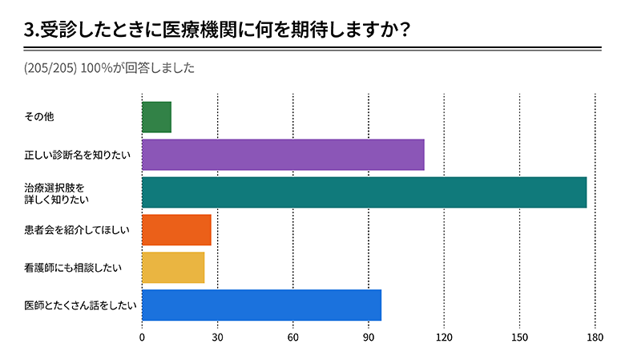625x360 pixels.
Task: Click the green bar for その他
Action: pyautogui.click(x=156, y=117)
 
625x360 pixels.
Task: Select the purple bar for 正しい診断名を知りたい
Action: pyautogui.click(x=283, y=155)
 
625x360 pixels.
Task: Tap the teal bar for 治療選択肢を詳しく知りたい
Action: pyautogui.click(x=364, y=192)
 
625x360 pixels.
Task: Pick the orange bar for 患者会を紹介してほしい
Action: pyautogui.click(x=176, y=230)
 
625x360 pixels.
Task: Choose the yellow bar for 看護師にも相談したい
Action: pyautogui.click(x=173, y=268)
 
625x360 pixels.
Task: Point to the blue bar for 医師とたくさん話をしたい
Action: pyautogui.click(x=261, y=305)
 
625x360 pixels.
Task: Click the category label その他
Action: pyautogui.click(x=38, y=117)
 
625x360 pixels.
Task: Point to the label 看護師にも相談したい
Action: pyautogui.click(x=73, y=268)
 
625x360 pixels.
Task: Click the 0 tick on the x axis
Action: pyautogui.click(x=142, y=338)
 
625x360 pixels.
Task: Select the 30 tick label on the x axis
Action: pyautogui.click(x=217, y=338)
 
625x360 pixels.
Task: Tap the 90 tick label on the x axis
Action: pyautogui.click(x=369, y=338)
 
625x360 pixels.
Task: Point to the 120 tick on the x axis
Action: pyautogui.click(x=444, y=338)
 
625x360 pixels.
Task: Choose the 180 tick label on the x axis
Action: pyautogui.click(x=595, y=338)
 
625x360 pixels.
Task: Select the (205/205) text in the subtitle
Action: pyautogui.click(x=50, y=67)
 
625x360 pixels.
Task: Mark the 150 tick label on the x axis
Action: pyautogui.click(x=519, y=338)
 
